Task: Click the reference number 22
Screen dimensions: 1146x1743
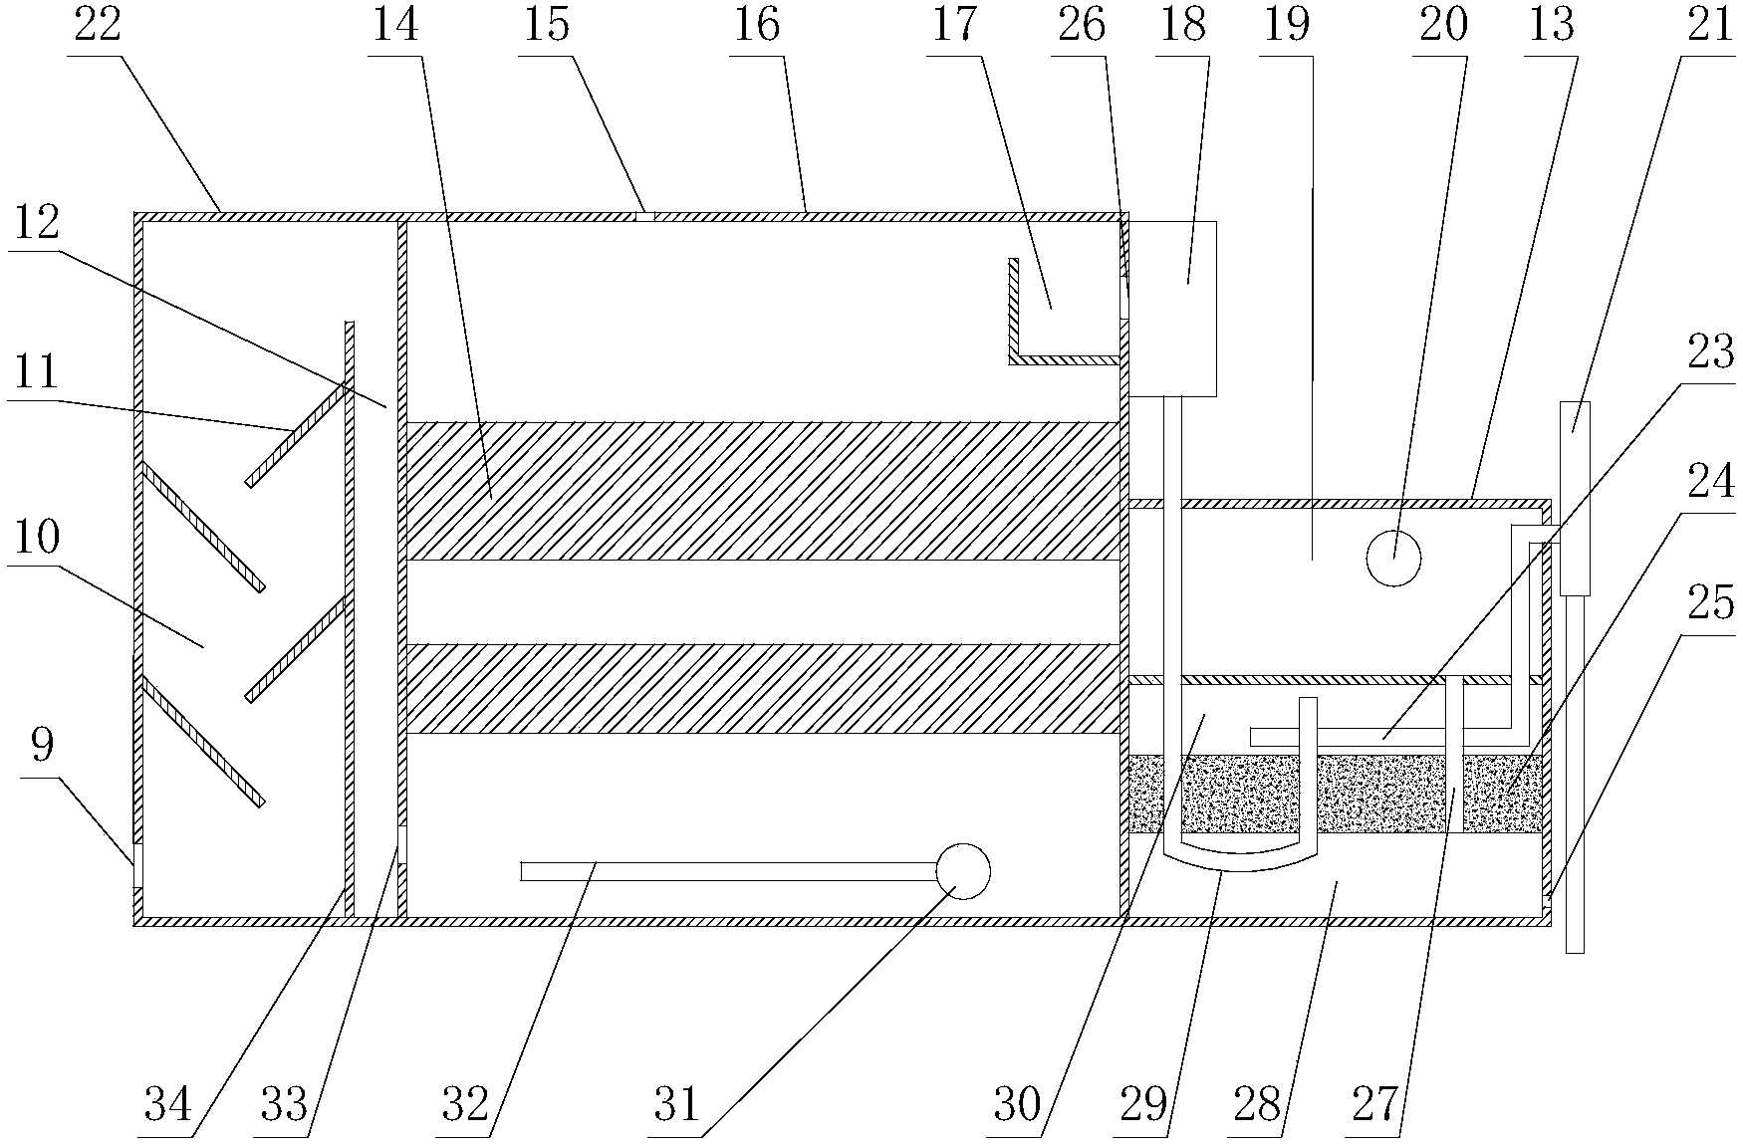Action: [x=98, y=23]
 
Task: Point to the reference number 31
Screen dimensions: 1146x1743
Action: [x=677, y=1105]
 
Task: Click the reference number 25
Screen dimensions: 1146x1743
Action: [x=1711, y=603]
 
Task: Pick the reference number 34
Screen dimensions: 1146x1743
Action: [x=167, y=1105]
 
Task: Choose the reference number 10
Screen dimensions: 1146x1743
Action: [x=36, y=539]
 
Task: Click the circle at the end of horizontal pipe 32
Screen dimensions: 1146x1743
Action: [x=963, y=871]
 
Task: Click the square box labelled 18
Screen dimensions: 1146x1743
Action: [x=1171, y=309]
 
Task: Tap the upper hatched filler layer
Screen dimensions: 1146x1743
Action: [x=762, y=490]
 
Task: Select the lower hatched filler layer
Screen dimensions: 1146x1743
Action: [x=762, y=689]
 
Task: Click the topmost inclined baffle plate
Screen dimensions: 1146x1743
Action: [x=297, y=434]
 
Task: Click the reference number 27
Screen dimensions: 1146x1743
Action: [x=1375, y=1105]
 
